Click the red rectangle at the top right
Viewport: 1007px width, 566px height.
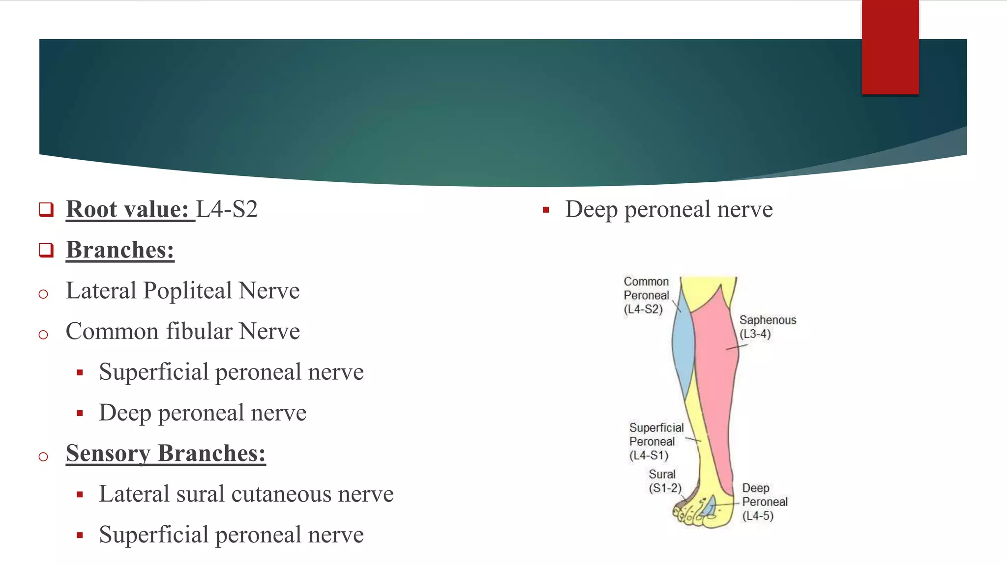tap(890, 47)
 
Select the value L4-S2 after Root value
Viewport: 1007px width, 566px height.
tap(227, 209)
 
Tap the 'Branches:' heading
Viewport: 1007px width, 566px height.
tap(120, 250)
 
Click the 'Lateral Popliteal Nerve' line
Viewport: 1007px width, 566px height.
tap(182, 290)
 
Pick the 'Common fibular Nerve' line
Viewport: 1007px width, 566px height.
tap(182, 331)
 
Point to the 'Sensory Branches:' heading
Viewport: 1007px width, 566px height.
tap(166, 453)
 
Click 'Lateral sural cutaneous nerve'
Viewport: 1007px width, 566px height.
tap(246, 494)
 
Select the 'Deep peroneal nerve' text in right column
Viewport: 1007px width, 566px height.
tap(669, 209)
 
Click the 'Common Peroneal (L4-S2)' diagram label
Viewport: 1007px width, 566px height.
tap(646, 295)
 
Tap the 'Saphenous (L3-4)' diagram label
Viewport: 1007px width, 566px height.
tap(767, 327)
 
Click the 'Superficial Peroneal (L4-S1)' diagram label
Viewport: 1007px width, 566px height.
tap(655, 441)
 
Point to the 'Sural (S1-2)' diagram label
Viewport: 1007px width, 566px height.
tap(664, 481)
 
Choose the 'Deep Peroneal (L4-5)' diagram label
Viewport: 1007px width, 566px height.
tap(764, 502)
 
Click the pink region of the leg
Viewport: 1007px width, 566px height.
tap(715, 383)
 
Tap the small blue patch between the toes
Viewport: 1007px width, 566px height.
tap(709, 508)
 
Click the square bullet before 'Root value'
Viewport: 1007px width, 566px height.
tap(46, 210)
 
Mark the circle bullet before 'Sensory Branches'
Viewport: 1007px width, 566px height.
tap(43, 456)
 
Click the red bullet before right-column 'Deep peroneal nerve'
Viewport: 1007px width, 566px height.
tap(546, 210)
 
